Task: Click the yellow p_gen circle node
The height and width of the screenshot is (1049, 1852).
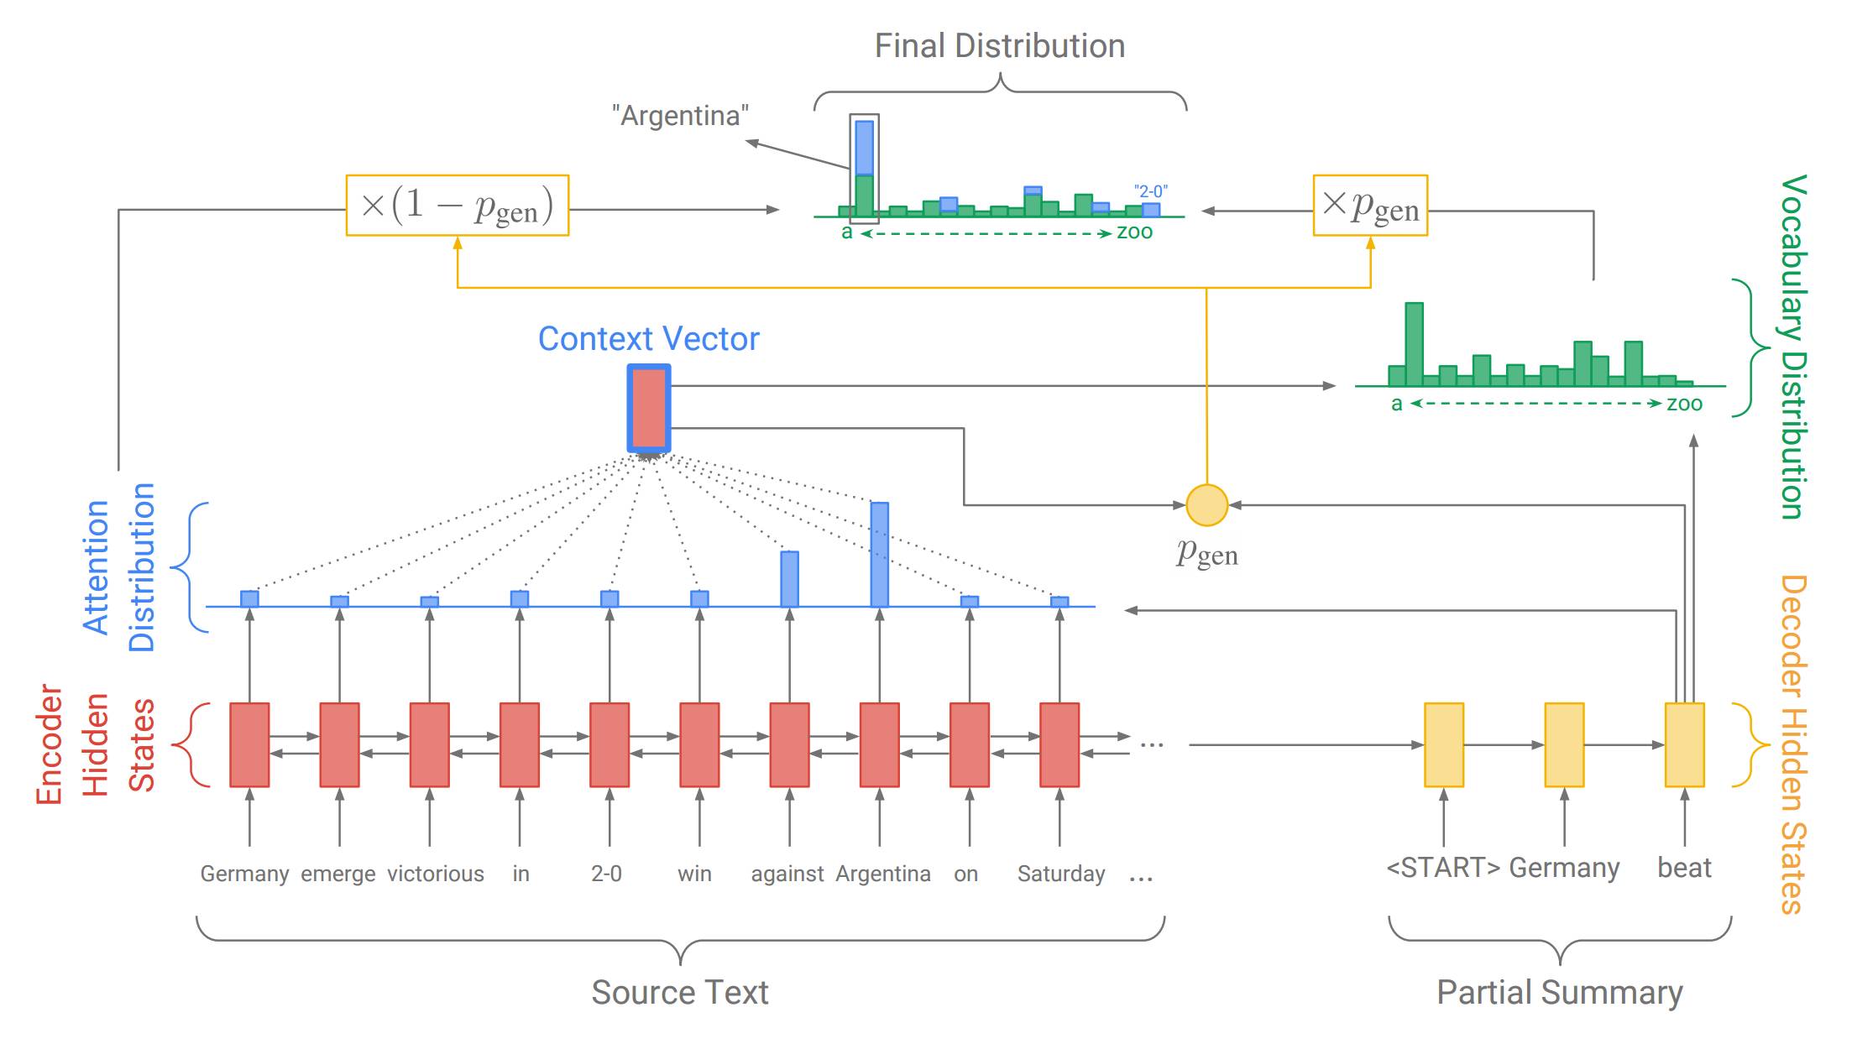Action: tap(1206, 505)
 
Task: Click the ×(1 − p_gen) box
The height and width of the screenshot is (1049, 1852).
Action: tap(458, 206)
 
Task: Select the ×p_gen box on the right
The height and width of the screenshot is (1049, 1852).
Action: tap(1370, 206)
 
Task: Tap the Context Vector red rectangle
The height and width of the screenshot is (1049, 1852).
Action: tap(649, 409)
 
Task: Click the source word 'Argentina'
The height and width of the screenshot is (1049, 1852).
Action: tap(883, 874)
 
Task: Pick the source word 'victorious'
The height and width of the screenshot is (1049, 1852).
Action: tap(436, 874)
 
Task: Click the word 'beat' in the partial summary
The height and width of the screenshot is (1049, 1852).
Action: tap(1684, 868)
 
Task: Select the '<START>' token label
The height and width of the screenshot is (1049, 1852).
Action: tap(1443, 868)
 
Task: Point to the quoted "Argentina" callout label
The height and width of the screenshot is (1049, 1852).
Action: tap(680, 115)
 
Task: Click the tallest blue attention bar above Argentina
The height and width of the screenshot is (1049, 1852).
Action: tap(880, 554)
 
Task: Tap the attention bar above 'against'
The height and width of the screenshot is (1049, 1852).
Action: tap(789, 579)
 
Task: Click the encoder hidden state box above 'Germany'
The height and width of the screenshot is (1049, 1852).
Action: tap(249, 745)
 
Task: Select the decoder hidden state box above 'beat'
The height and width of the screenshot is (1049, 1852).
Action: tap(1685, 745)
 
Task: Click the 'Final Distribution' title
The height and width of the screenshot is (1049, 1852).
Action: tap(1000, 46)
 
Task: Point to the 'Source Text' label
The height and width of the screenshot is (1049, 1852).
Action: tap(680, 992)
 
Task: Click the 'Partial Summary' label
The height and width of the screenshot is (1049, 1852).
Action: tap(1560, 992)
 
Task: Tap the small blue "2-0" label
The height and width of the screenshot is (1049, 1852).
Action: tap(1150, 191)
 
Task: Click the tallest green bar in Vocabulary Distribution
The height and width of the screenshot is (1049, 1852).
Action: tap(1415, 344)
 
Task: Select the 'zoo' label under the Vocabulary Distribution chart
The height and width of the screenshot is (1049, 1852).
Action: tap(1684, 404)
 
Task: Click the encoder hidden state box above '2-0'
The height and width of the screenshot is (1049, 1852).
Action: tap(609, 745)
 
